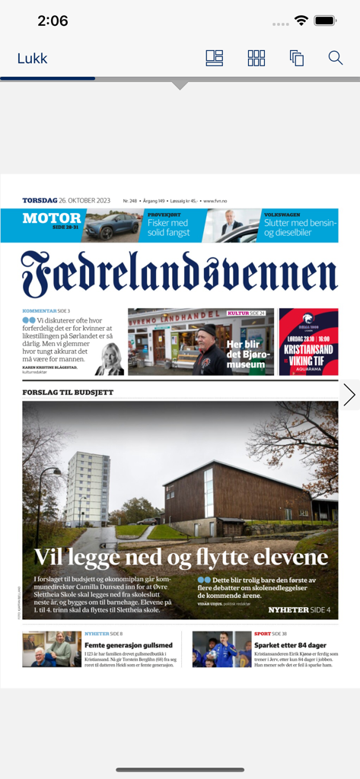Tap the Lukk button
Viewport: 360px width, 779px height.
pyautogui.click(x=32, y=59)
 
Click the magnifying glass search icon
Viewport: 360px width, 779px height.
pyautogui.click(x=336, y=58)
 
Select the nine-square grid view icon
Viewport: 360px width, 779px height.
pyautogui.click(x=256, y=58)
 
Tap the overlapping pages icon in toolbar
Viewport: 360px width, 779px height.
pyautogui.click(x=296, y=58)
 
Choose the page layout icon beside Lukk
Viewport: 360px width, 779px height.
pyautogui.click(x=215, y=58)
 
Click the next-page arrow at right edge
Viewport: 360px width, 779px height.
pyautogui.click(x=349, y=395)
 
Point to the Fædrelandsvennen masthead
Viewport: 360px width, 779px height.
pyautogui.click(x=180, y=275)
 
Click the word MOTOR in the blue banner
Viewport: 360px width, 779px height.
pyautogui.click(x=52, y=218)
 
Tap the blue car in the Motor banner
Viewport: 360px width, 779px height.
pyautogui.click(x=113, y=226)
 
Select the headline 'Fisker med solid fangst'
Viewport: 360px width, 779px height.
pyautogui.click(x=168, y=227)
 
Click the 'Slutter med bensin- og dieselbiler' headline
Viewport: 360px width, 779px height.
pyautogui.click(x=299, y=227)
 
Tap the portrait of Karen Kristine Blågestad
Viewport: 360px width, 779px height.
pyautogui.click(x=110, y=359)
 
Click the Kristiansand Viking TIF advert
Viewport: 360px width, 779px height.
pyautogui.click(x=308, y=342)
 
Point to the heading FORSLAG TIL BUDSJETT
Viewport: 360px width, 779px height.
pyautogui.click(x=68, y=393)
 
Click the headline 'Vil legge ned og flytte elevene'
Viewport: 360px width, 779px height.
pyautogui.click(x=181, y=558)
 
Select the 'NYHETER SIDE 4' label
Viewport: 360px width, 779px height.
pyautogui.click(x=299, y=609)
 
